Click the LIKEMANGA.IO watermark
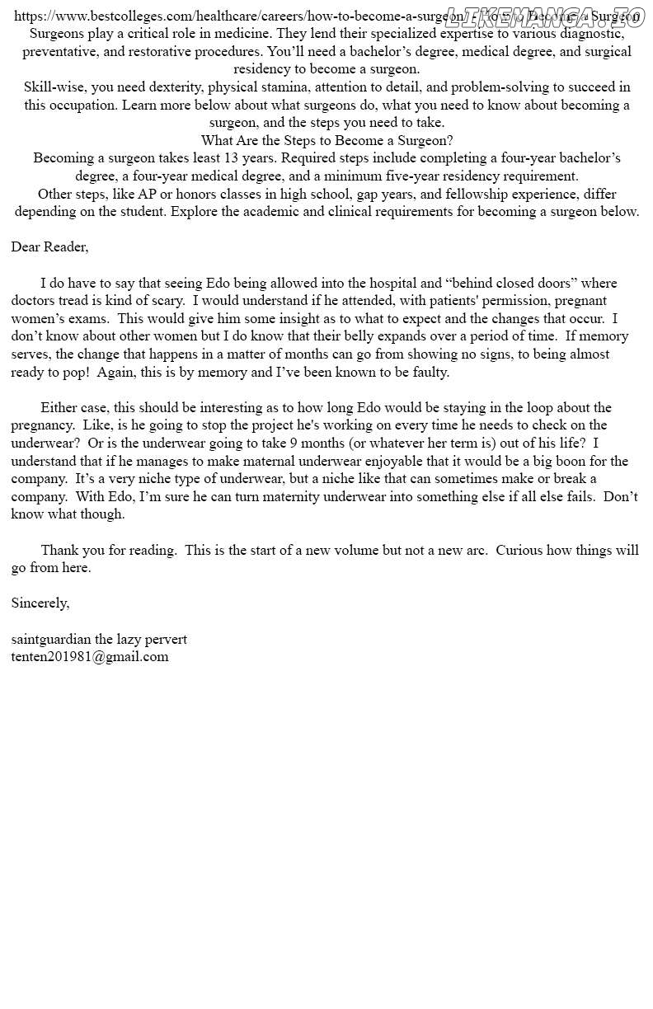click(x=544, y=16)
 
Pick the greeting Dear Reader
click(x=49, y=246)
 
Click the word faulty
click(x=429, y=372)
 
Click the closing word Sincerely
click(x=40, y=603)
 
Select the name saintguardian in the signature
click(x=52, y=639)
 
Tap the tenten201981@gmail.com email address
click(x=90, y=657)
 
